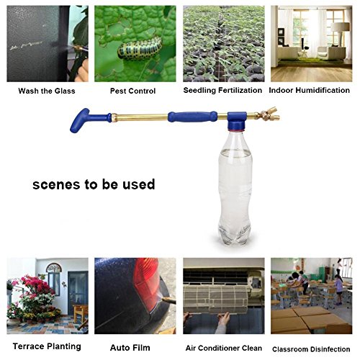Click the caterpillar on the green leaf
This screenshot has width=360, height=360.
pos(140,49)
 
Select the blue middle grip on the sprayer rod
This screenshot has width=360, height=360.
pos(192,117)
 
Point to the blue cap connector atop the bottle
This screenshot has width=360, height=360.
pos(237,121)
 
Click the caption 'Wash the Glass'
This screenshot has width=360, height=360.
pos(47,91)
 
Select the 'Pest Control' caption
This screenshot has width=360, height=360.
pos(132,91)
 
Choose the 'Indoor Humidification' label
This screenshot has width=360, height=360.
pos(309,90)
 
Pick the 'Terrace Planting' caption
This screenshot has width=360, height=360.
pos(47,346)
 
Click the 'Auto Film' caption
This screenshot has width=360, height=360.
pos(130,348)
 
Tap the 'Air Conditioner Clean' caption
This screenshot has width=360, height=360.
pos(224,348)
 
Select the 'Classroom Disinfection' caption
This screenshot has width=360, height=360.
pos(311,349)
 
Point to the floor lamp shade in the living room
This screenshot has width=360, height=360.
pos(340,27)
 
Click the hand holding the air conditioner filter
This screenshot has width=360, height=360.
pos(223,322)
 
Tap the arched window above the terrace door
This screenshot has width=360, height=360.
pos(54,268)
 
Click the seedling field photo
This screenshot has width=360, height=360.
pos(224,44)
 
